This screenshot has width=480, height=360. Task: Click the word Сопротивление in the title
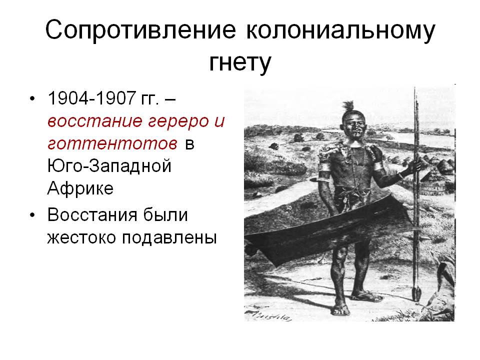[140, 30]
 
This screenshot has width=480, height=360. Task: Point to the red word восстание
[95, 121]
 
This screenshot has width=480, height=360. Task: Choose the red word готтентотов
[112, 143]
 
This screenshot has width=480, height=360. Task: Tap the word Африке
[80, 188]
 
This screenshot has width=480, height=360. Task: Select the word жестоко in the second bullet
[81, 237]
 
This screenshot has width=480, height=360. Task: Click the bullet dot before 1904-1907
[33, 99]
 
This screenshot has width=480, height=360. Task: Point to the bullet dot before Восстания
[33, 215]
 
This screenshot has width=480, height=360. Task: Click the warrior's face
[356, 125]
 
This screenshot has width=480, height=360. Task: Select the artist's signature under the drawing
[268, 316]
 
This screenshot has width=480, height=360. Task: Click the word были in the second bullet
[165, 215]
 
